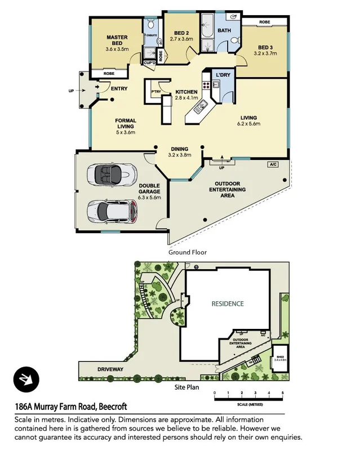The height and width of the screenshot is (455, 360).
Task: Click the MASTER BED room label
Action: tap(117, 38)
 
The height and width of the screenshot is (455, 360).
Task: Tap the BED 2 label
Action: tap(181, 33)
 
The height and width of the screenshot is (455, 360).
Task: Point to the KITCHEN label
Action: tap(186, 92)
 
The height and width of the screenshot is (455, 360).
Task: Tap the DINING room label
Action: tap(180, 149)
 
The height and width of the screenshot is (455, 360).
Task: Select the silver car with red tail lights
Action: tap(113, 212)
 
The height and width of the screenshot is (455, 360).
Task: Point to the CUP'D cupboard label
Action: tap(150, 63)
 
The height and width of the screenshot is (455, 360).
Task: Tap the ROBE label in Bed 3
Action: tap(264, 22)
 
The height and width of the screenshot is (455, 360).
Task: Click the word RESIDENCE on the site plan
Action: tap(228, 304)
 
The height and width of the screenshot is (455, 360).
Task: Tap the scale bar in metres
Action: tap(248, 399)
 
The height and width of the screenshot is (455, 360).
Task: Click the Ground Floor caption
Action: tap(188, 252)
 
